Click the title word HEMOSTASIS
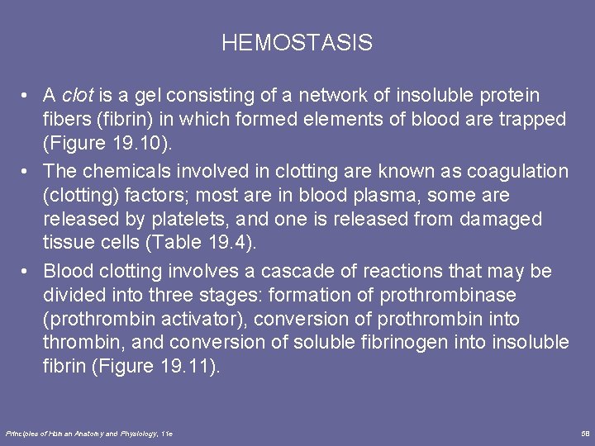pyautogui.click(x=297, y=43)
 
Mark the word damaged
pyautogui.click(x=498, y=219)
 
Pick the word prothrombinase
pyautogui.click(x=448, y=295)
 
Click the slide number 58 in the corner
pyautogui.click(x=584, y=433)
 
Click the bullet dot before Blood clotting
pyautogui.click(x=28, y=271)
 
